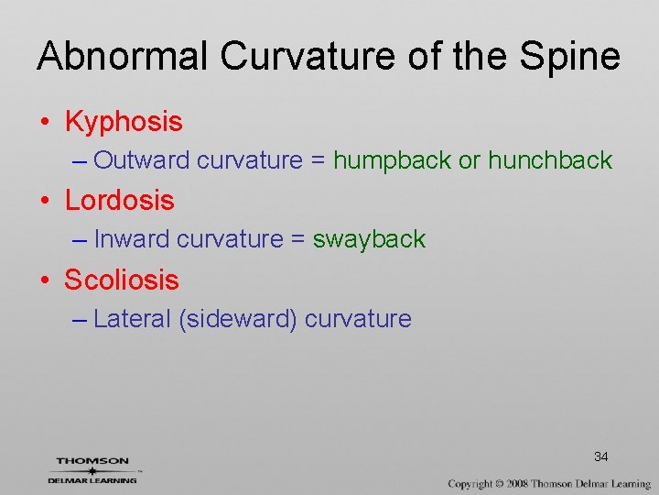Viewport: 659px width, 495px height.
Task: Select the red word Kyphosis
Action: coord(124,121)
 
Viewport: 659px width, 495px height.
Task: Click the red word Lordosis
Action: coord(119,200)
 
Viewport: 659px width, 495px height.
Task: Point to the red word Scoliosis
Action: coord(122,280)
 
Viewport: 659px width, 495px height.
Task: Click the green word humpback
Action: coord(392,160)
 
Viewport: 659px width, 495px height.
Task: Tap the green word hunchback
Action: coord(549,160)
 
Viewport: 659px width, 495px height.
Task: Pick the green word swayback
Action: coord(369,239)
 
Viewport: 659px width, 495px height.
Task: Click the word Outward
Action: coord(142,160)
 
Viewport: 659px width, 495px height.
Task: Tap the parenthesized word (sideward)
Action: coord(238,319)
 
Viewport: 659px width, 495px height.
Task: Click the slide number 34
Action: coord(601,456)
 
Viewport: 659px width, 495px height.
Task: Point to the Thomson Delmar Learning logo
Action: coord(92,469)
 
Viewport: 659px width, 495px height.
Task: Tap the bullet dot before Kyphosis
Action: coord(45,122)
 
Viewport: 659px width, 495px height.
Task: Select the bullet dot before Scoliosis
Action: coord(45,280)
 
